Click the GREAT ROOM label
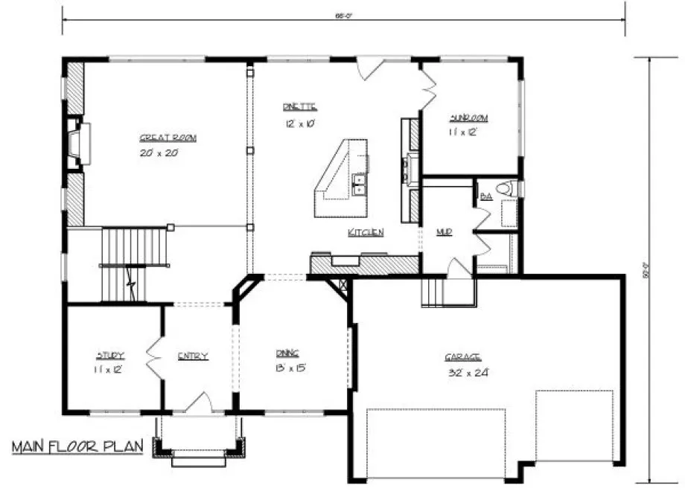click(x=162, y=138)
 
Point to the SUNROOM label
click(x=468, y=118)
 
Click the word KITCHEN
click(x=366, y=233)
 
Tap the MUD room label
click(x=445, y=233)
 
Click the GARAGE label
click(x=462, y=357)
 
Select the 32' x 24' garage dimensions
click(x=462, y=371)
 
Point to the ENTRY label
click(x=193, y=356)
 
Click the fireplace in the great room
click(x=77, y=144)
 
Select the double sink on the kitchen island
click(x=360, y=184)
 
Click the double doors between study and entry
click(x=154, y=360)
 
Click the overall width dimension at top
click(x=343, y=15)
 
